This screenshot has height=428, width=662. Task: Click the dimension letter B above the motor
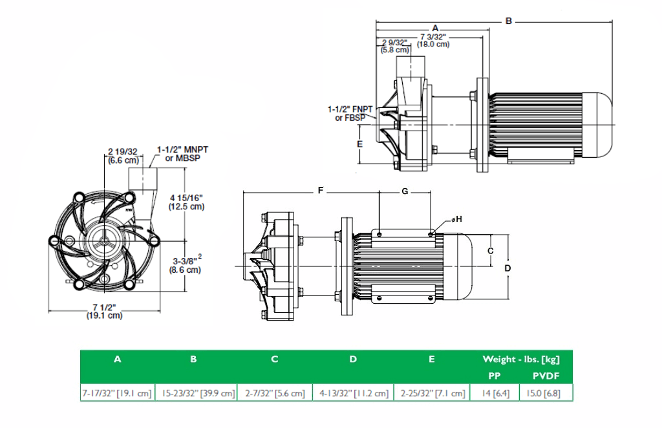click(x=508, y=21)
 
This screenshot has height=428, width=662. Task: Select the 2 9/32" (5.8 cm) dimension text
click(x=394, y=46)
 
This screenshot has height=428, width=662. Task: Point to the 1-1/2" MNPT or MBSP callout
click(x=182, y=153)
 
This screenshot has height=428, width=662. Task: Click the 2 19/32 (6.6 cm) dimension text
click(x=122, y=156)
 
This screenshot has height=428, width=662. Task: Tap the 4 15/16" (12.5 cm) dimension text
click(x=187, y=202)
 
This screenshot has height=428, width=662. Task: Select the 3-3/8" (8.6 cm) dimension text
click(x=187, y=264)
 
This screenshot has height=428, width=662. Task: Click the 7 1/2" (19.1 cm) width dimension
click(x=104, y=312)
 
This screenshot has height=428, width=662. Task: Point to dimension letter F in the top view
click(x=320, y=191)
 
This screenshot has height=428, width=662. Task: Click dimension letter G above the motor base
click(x=405, y=191)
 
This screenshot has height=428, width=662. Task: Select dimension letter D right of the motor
click(x=508, y=267)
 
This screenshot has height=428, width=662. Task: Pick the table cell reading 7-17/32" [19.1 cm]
click(x=117, y=393)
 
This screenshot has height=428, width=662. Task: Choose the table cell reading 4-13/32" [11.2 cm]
click(x=353, y=393)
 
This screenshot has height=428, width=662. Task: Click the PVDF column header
click(x=546, y=375)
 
